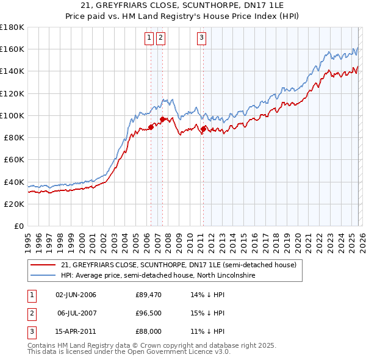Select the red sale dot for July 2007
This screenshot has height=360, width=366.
[162, 120]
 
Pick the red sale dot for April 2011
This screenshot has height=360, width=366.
[203, 129]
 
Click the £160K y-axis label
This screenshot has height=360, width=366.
[12, 49]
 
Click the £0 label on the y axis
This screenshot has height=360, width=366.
[18, 226]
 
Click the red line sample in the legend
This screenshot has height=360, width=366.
[43, 265]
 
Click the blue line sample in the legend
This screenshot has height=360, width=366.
[43, 276]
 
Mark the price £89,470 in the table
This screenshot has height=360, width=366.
[147, 295]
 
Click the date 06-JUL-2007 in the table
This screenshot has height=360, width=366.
[76, 313]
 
